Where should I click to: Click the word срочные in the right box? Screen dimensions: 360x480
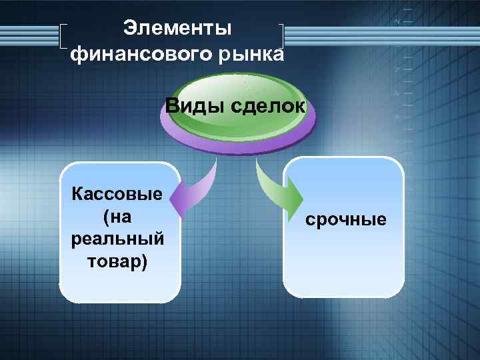345,219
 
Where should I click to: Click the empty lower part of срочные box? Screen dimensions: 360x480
344,270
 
